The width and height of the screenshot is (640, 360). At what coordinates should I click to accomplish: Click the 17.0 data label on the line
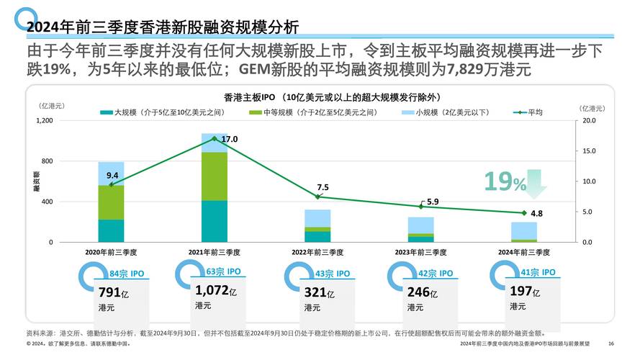tap(230, 139)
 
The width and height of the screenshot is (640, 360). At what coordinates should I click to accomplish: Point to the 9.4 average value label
tap(112, 175)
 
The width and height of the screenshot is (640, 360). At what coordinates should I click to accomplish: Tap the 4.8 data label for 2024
tap(536, 214)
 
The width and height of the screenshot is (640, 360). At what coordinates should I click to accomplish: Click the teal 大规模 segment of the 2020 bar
tap(111, 230)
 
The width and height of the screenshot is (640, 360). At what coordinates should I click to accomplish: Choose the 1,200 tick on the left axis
tap(45, 120)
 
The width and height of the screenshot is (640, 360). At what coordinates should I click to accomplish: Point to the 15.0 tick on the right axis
tap(588, 151)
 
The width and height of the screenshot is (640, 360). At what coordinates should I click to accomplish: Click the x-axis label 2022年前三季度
tap(317, 253)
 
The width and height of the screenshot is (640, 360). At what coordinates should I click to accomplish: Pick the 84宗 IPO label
tap(128, 274)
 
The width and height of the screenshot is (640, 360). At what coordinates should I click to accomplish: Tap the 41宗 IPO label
tap(538, 272)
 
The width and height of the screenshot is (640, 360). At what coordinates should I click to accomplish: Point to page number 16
tap(611, 344)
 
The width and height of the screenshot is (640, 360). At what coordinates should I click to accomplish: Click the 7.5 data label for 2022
tap(323, 187)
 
